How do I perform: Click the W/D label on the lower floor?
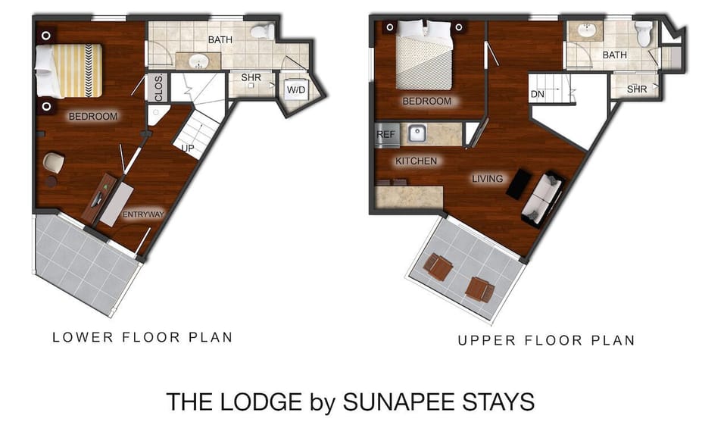pyautogui.click(x=294, y=89)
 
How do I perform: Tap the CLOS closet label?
pyautogui.click(x=159, y=90)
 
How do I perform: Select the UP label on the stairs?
pyautogui.click(x=187, y=148)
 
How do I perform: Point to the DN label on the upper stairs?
pyautogui.click(x=538, y=94)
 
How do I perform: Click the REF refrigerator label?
pyautogui.click(x=385, y=135)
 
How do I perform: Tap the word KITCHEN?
pyautogui.click(x=416, y=161)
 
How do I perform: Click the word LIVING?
pyautogui.click(x=487, y=179)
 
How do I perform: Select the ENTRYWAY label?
pyautogui.click(x=143, y=214)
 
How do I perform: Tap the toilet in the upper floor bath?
pyautogui.click(x=644, y=35)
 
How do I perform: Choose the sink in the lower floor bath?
pyautogui.click(x=200, y=61)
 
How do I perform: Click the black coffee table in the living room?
pyautogui.click(x=519, y=184)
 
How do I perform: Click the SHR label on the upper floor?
pyautogui.click(x=637, y=89)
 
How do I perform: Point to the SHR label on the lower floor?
pyautogui.click(x=251, y=77)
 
